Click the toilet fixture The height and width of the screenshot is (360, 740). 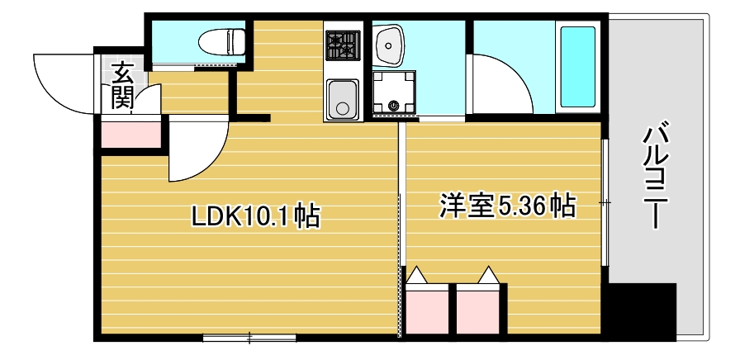tap(221, 40)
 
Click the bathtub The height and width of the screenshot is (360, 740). tap(577, 67)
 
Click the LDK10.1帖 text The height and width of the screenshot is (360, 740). tap(255, 216)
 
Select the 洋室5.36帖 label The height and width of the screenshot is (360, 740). tap(506, 205)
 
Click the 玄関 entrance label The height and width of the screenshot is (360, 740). tap(122, 86)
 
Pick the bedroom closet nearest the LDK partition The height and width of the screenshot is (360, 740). tap(428, 309)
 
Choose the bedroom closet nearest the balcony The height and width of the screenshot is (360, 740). tap(478, 309)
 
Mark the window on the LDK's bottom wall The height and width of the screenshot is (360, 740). tap(249, 337)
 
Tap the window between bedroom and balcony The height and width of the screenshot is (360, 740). tap(605, 202)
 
